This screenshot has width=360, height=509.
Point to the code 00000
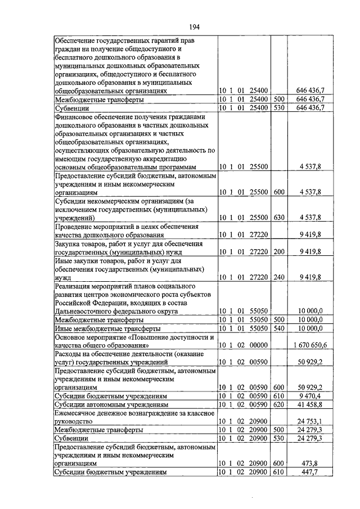pos(260,344)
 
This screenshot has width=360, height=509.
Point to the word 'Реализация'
pos(74,285)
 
